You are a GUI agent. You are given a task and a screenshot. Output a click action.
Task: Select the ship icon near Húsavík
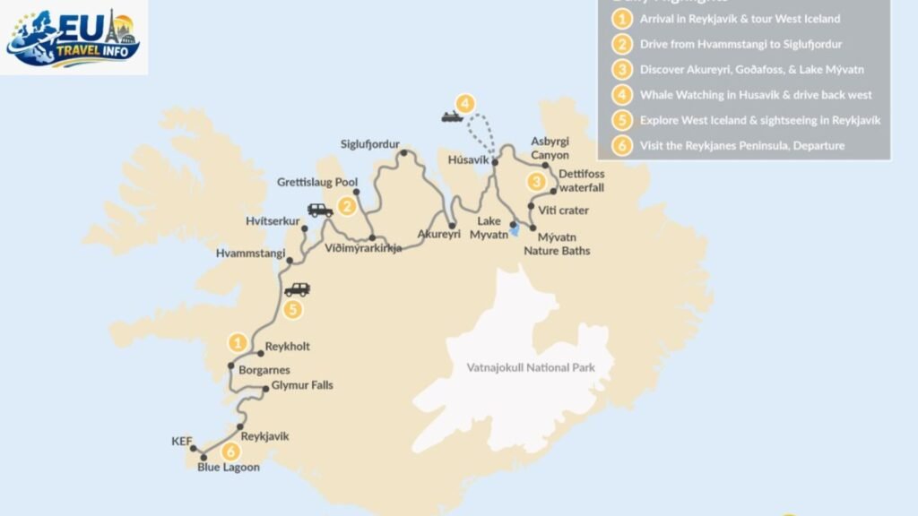[451, 116]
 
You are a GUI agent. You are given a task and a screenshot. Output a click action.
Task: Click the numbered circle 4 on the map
[463, 102]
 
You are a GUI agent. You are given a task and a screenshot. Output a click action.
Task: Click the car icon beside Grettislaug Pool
[320, 211]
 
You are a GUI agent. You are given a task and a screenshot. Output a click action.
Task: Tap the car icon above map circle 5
[297, 289]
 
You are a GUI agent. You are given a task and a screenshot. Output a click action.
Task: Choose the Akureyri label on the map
[438, 235]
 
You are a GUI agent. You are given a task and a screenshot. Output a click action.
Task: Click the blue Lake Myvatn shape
[514, 230]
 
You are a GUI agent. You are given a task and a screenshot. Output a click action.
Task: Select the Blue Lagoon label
[228, 467]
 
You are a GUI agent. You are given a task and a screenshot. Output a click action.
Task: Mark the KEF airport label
[182, 442]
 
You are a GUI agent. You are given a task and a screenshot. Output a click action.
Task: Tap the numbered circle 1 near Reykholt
[238, 341]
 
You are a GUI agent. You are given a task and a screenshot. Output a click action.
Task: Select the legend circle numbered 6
[619, 145]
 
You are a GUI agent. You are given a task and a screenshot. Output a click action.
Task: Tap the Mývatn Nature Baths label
[557, 245]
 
